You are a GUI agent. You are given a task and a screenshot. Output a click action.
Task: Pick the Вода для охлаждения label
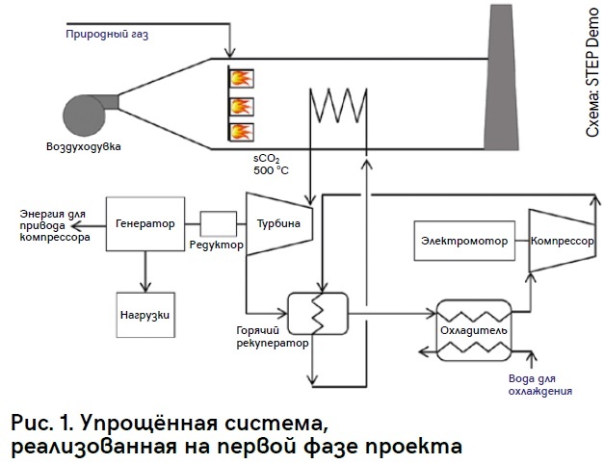coord(539,385)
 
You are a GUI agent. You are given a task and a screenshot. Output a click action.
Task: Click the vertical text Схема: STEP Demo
coord(593,73)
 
